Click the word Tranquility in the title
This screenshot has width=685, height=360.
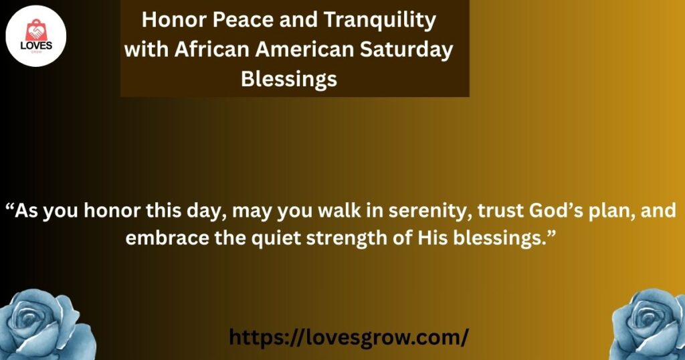(379, 21)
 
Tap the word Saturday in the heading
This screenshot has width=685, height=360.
(406, 50)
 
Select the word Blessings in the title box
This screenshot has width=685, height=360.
(289, 80)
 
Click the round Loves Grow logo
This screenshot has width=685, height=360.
(36, 36)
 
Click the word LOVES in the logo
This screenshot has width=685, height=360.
(36, 46)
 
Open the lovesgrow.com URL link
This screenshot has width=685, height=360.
(349, 337)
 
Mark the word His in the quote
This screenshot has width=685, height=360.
(433, 238)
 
